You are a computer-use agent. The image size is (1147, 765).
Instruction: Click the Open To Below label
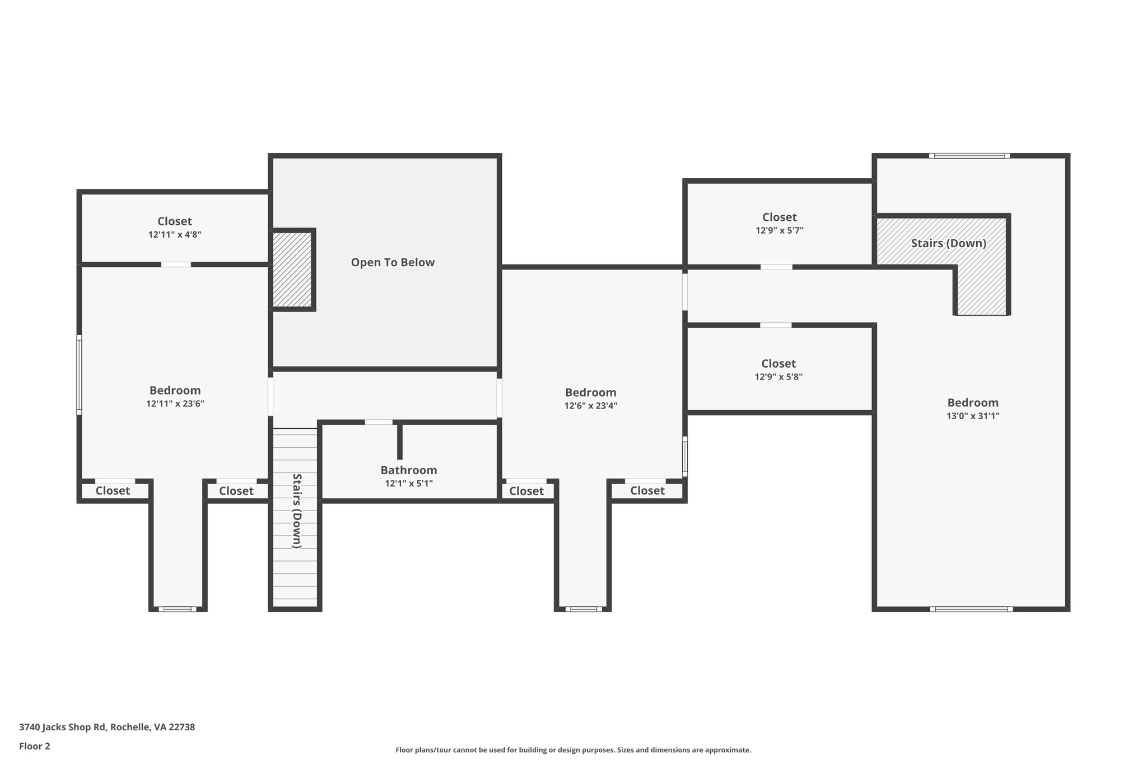pyautogui.click(x=393, y=262)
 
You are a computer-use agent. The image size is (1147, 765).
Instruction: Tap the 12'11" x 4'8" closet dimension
pyautogui.click(x=175, y=235)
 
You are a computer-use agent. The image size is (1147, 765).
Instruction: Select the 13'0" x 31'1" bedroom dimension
pyautogui.click(x=973, y=416)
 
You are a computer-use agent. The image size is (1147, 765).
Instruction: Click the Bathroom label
pyautogui.click(x=409, y=470)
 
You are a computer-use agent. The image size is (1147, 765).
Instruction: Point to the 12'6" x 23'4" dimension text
pyautogui.click(x=591, y=406)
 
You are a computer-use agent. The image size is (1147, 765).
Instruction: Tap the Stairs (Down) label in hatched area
pyautogui.click(x=948, y=243)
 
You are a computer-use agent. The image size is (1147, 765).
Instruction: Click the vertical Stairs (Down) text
pyautogui.click(x=297, y=511)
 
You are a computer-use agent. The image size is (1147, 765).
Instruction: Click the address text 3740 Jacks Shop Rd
pyautogui.click(x=62, y=727)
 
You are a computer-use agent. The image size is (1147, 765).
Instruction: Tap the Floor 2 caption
pyautogui.click(x=35, y=746)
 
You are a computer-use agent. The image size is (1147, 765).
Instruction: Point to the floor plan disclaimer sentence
pyautogui.click(x=573, y=750)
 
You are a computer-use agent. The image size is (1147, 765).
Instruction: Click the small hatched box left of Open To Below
pyautogui.click(x=292, y=270)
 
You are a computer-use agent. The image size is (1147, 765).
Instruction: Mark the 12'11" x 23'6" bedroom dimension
pyautogui.click(x=175, y=404)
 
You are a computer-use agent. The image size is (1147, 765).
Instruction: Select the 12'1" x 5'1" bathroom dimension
pyautogui.click(x=409, y=483)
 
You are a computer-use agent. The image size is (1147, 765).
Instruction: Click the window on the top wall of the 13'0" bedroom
pyautogui.click(x=969, y=156)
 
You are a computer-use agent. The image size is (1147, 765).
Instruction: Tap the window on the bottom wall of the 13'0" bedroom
pyautogui.click(x=972, y=609)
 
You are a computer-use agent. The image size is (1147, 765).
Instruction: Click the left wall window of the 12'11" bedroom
pyautogui.click(x=79, y=375)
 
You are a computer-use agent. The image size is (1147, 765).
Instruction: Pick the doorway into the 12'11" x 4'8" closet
pyautogui.click(x=176, y=265)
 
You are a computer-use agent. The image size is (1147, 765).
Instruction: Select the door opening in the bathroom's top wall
pyautogui.click(x=379, y=422)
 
